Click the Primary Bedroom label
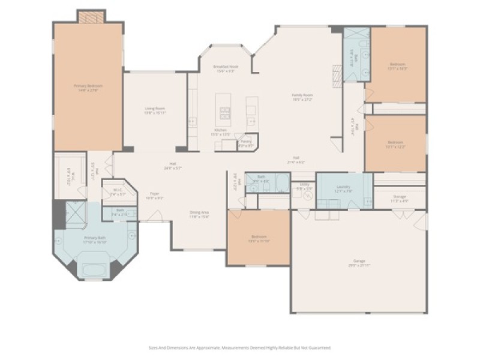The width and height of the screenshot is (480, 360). [88, 88]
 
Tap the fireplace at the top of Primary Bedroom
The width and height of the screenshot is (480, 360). [91, 17]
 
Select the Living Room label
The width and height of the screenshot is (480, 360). [155, 110]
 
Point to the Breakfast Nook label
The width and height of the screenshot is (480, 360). [226, 68]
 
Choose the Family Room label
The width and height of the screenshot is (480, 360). [302, 97]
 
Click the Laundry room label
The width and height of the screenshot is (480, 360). [343, 188]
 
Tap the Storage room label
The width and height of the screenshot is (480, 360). [400, 199]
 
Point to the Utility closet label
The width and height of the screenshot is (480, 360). [304, 186]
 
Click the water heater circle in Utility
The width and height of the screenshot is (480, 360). [309, 195]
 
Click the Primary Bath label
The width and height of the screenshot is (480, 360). [95, 239]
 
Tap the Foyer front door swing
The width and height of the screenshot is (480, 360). [147, 216]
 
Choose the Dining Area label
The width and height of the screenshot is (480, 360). [199, 214]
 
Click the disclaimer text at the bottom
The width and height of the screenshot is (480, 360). [239, 347]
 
